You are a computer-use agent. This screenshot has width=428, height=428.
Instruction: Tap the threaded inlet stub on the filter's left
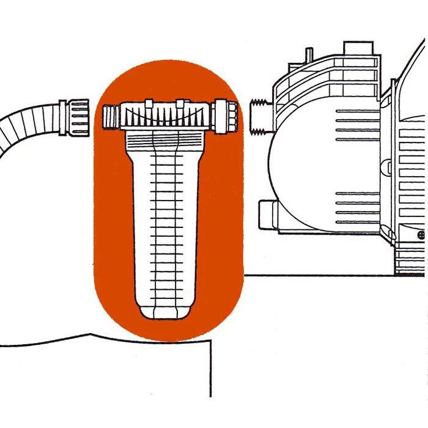click(109, 116)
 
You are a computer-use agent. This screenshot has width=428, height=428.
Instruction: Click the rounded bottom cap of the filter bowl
click(160, 309)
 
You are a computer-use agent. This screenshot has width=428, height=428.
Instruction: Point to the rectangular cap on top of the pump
click(357, 47)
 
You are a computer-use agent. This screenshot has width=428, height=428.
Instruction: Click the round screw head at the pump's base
click(421, 234)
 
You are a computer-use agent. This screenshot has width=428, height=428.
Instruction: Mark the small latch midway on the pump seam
click(385, 165)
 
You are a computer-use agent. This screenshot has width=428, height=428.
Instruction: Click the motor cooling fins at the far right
click(413, 183)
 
